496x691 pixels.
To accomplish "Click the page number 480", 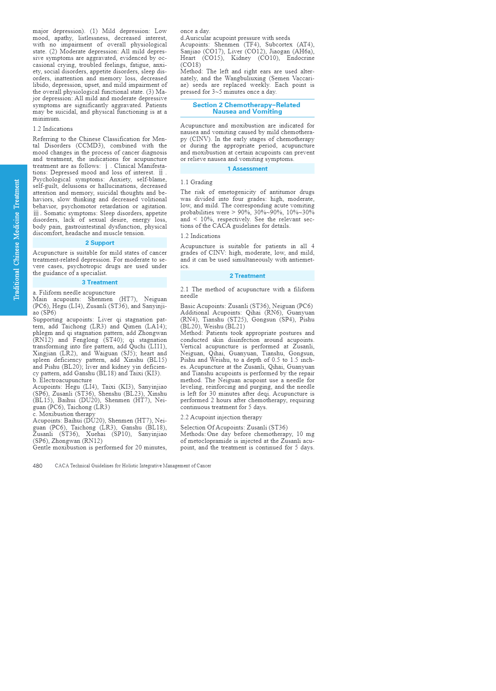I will [x=37, y=466].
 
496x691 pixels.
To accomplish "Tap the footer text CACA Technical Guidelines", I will [x=133, y=466].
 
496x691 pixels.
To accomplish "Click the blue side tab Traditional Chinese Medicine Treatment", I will [x=16, y=240].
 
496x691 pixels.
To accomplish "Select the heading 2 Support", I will [x=100, y=243].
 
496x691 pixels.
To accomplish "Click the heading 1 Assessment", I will [x=247, y=169].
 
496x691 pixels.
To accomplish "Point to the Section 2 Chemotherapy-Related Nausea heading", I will [x=247, y=108].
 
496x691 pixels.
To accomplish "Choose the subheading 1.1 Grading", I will [x=196, y=182].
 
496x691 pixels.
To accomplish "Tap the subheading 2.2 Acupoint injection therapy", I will [x=221, y=417].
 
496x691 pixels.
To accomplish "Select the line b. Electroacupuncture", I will [x=62, y=380].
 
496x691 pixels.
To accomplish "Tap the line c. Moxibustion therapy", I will [x=64, y=414].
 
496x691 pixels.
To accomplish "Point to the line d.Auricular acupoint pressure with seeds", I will [x=235, y=38].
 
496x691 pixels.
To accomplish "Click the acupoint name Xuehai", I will [x=96, y=434].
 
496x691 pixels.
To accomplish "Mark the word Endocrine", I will [x=301, y=58].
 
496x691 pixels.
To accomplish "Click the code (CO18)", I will [x=191, y=65].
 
